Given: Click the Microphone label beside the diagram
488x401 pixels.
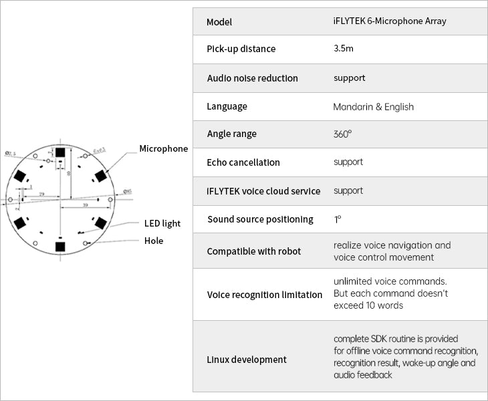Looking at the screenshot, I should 164,148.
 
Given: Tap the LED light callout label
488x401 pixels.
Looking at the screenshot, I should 162,223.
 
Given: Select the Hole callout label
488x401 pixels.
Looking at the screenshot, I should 154,241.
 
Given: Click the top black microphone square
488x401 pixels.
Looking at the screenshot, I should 60,152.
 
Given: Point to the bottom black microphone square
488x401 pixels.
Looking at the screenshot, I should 60,246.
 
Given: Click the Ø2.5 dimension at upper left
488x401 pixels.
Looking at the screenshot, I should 11,154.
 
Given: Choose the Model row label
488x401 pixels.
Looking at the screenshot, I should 219,21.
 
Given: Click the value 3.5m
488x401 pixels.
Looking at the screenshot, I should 344,49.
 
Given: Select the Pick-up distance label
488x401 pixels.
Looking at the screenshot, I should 241,49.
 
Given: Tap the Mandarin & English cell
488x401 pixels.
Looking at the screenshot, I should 373,106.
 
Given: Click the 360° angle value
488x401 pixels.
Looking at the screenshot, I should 342,134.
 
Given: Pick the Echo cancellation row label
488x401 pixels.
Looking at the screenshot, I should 243,162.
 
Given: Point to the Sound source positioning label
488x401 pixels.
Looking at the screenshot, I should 260,219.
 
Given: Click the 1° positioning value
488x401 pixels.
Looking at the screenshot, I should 338,219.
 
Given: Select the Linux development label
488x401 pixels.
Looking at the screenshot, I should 247,360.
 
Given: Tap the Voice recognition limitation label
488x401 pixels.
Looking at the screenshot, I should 265,294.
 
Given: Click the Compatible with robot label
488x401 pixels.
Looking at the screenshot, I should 254,251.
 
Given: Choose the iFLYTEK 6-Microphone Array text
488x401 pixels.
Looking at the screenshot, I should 389,21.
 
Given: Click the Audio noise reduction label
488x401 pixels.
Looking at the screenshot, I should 253,78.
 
